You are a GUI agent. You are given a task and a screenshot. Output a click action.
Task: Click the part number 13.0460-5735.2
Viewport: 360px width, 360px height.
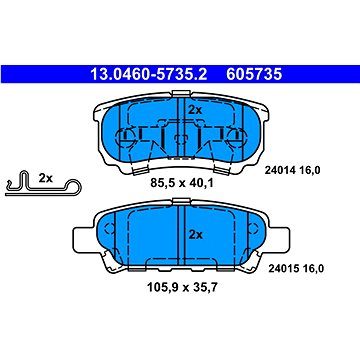(x=149, y=75)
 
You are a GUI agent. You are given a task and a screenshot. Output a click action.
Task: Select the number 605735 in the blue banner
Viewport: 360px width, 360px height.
(x=254, y=75)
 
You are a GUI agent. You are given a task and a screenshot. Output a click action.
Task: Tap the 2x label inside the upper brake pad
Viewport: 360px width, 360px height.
(x=195, y=110)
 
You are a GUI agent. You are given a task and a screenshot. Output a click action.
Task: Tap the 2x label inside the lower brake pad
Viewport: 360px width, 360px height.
(x=196, y=235)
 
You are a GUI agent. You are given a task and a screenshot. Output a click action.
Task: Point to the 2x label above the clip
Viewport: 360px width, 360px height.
(x=46, y=178)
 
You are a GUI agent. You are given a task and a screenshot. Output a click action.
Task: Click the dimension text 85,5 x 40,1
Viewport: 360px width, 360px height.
(x=182, y=183)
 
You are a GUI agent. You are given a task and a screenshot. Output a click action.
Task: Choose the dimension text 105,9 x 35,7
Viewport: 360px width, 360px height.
(x=182, y=287)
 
